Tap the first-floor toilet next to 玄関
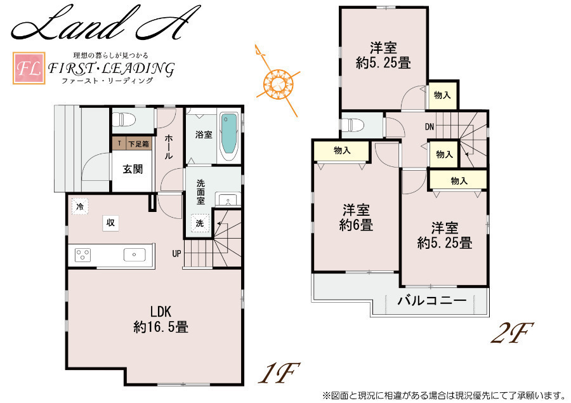[124, 119]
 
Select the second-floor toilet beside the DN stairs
[351, 125]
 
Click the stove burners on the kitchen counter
[82, 254]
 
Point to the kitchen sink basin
[135, 254]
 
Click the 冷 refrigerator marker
[80, 207]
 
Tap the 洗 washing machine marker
[200, 223]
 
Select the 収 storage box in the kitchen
[110, 222]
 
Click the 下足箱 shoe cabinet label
[138, 144]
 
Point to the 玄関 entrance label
[133, 169]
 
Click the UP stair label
[176, 254]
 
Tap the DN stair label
[430, 127]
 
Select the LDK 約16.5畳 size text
[161, 320]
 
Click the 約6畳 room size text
[356, 225]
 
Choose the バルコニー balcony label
[432, 301]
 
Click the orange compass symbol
[279, 83]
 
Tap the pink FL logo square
[29, 69]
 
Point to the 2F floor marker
[511, 333]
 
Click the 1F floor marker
[279, 373]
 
